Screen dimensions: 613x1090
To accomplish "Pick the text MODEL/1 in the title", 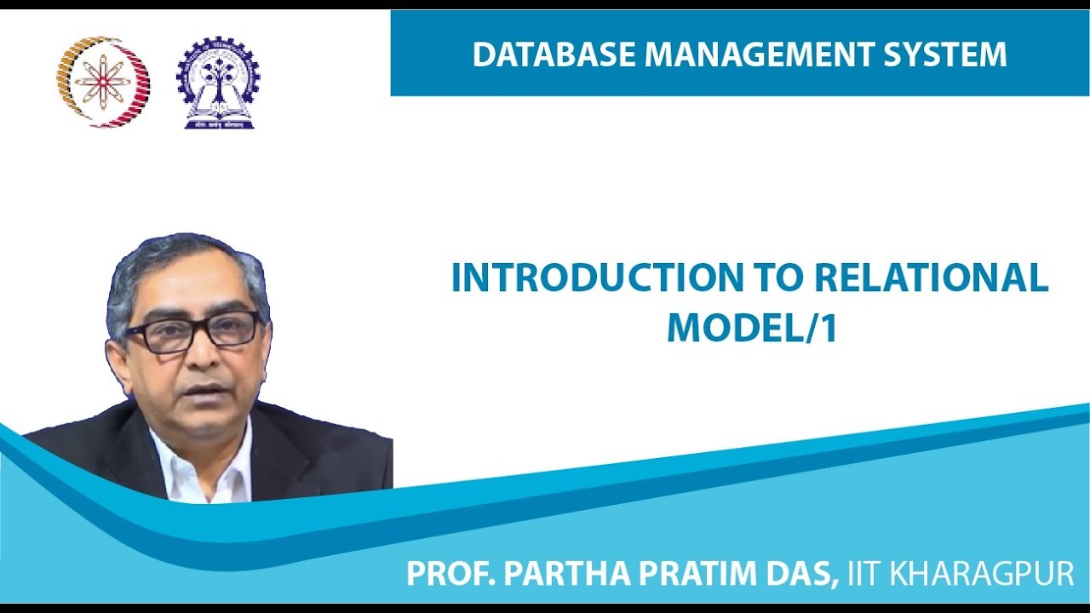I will pos(752,328).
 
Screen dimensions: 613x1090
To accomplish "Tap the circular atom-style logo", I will pos(103,82).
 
